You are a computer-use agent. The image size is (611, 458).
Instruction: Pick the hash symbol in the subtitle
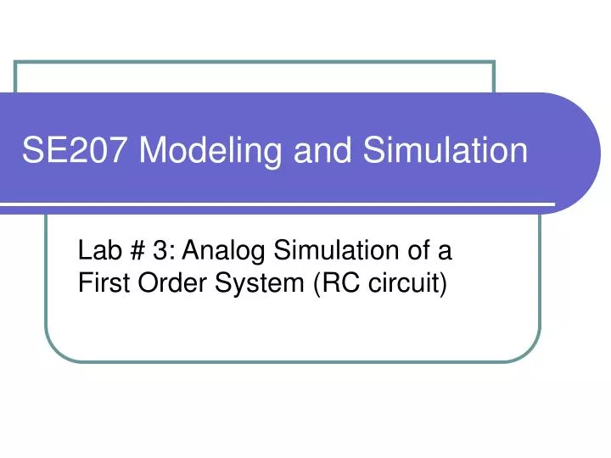[x=137, y=251]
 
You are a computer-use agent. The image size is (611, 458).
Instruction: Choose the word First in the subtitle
[x=100, y=282]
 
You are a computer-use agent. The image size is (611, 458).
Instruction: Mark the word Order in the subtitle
[x=162, y=282]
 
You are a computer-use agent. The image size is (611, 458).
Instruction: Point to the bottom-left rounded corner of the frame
[x=59, y=349]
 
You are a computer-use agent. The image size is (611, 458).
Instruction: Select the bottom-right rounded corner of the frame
[x=528, y=349]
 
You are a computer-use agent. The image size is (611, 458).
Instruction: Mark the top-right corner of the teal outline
[x=495, y=63]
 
